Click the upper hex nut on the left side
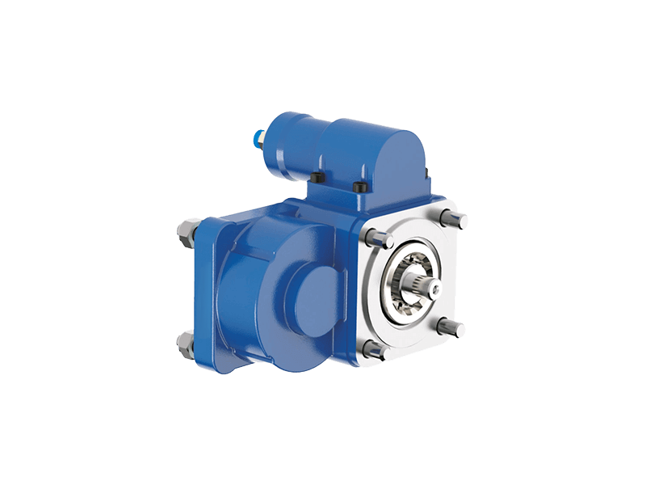[x=183, y=235]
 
